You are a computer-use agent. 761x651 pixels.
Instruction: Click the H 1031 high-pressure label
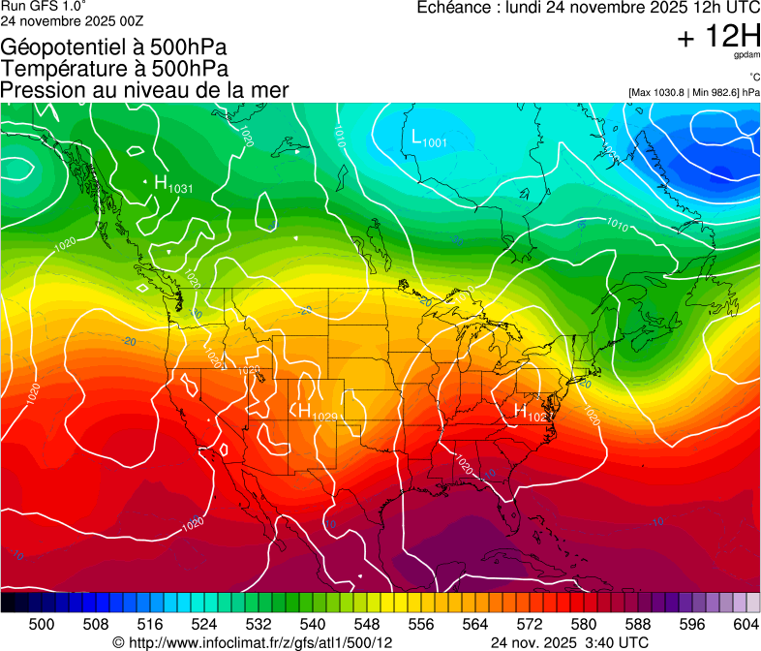coord(172,184)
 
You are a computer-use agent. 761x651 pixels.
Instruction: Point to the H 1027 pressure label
coord(532,413)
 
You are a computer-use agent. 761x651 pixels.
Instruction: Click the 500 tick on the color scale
coord(42,624)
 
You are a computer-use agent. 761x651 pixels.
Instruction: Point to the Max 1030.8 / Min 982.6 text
coord(693,92)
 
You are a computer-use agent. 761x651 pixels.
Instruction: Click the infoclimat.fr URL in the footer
coord(253,642)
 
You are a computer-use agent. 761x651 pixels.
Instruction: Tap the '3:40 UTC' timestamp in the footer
coord(620,642)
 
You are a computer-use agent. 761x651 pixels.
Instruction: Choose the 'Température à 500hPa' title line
coord(114,69)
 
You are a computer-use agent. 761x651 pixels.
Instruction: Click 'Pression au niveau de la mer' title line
coord(144,90)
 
